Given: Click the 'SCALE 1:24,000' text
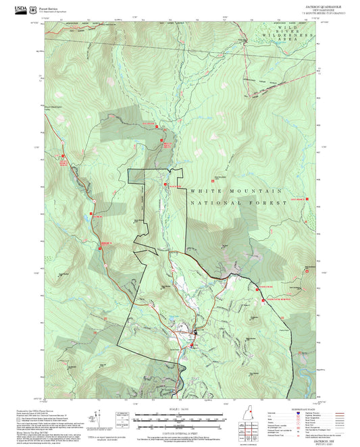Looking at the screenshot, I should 178,410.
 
